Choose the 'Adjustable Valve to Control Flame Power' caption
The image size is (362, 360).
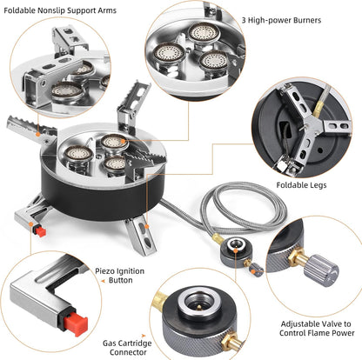(x=316, y=326)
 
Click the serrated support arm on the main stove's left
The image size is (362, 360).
(x=30, y=134)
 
